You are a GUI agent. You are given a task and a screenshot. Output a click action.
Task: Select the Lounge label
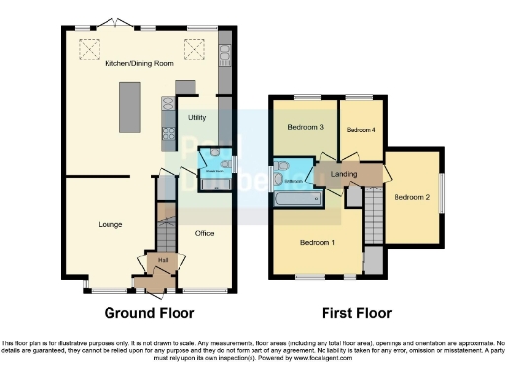109,224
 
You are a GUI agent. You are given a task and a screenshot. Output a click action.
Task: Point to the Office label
204,233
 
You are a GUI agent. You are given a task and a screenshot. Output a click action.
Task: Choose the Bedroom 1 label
318,243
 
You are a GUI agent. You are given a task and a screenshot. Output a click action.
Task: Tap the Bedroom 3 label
306,127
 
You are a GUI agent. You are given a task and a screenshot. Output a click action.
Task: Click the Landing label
345,175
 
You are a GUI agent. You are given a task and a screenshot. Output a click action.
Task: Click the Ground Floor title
151,313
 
